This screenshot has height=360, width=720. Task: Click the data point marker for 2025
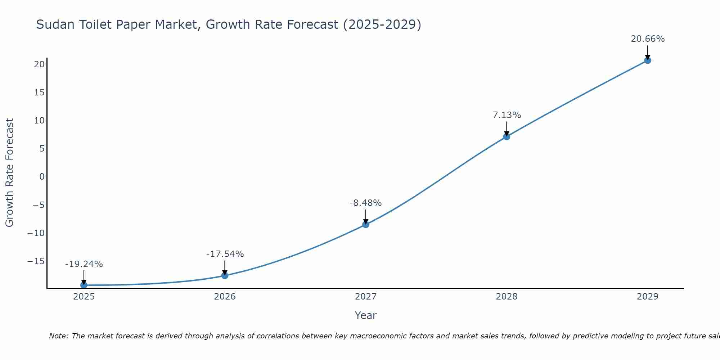pyautogui.click(x=84, y=285)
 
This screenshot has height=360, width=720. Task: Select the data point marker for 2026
pyautogui.click(x=225, y=275)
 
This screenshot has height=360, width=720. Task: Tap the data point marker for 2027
pyautogui.click(x=366, y=224)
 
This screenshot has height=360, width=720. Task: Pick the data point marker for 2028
pyautogui.click(x=507, y=136)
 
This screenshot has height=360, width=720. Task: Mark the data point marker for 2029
pyautogui.click(x=648, y=60)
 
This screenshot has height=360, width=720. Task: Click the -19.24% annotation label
pyautogui.click(x=84, y=264)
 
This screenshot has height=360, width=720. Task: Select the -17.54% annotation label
pyautogui.click(x=225, y=254)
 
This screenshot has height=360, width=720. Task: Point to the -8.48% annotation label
pyautogui.click(x=365, y=203)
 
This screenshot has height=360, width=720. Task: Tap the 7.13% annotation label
pyautogui.click(x=507, y=115)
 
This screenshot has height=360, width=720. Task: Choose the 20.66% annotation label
pyautogui.click(x=648, y=39)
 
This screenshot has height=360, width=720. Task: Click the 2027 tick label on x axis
pyautogui.click(x=366, y=297)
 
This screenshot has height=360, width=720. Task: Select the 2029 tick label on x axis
pyautogui.click(x=648, y=297)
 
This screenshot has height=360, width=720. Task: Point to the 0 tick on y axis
pyautogui.click(x=42, y=177)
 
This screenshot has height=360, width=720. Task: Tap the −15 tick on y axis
pyautogui.click(x=36, y=261)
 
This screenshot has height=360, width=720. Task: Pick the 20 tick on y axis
pyautogui.click(x=39, y=64)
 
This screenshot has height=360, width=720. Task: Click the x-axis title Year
pyautogui.click(x=365, y=315)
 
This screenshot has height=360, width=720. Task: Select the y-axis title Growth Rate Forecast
pyautogui.click(x=10, y=173)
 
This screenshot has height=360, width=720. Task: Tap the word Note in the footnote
pyautogui.click(x=58, y=336)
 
